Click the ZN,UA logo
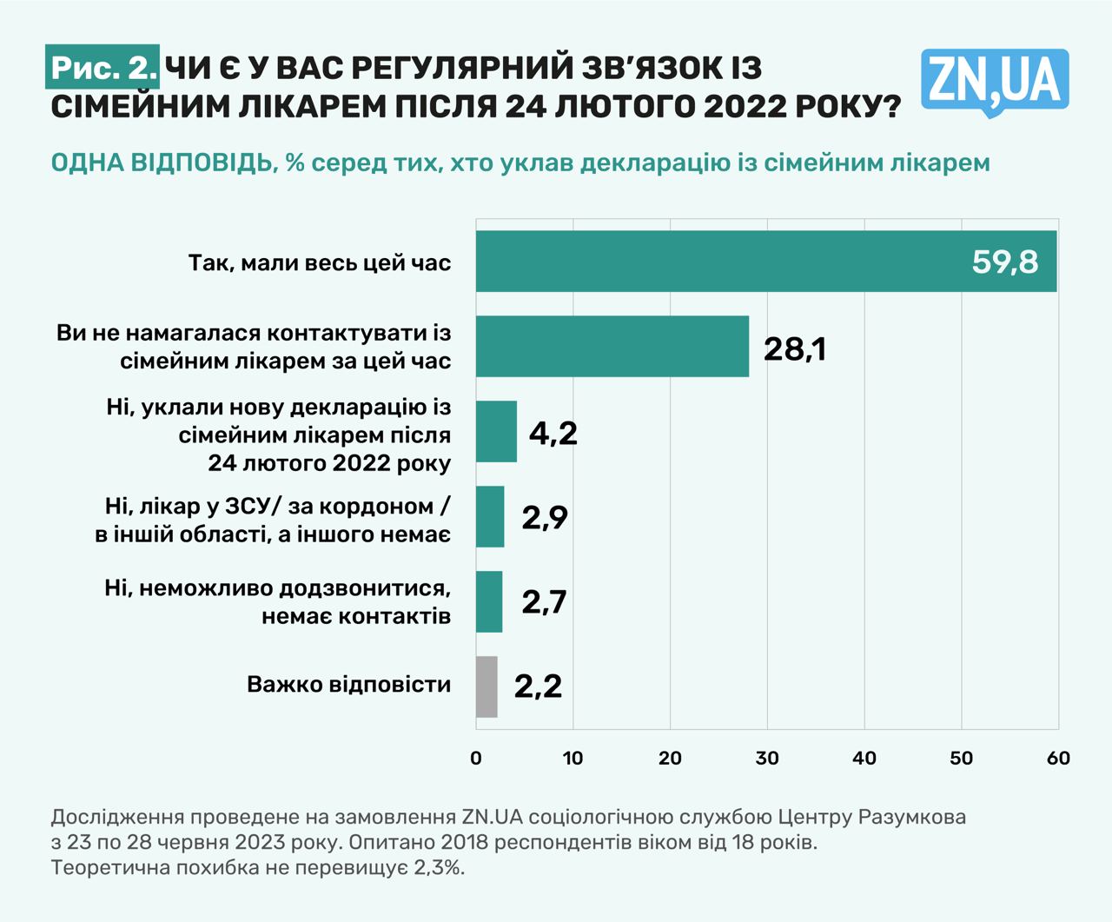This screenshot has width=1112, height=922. (x=995, y=82)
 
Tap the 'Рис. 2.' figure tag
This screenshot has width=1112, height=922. (x=103, y=68)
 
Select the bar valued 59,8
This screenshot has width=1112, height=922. (x=764, y=262)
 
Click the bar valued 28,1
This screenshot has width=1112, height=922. (x=612, y=346)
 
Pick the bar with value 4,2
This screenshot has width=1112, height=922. (x=496, y=432)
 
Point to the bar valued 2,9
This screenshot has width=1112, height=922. (x=490, y=516)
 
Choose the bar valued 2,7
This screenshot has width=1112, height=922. (x=489, y=601)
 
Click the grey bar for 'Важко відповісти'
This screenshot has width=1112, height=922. (x=486, y=687)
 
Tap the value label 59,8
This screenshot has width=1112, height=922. (x=1004, y=262)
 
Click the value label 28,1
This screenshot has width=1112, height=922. (x=794, y=348)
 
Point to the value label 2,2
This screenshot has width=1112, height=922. (x=538, y=687)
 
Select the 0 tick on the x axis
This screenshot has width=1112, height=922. (x=476, y=758)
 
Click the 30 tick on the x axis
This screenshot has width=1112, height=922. (x=767, y=758)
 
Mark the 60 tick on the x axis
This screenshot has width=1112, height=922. (x=1058, y=758)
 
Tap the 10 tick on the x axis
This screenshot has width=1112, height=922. (x=573, y=758)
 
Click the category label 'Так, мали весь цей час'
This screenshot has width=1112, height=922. (x=320, y=262)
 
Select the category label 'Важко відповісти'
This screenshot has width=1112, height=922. (x=349, y=685)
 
